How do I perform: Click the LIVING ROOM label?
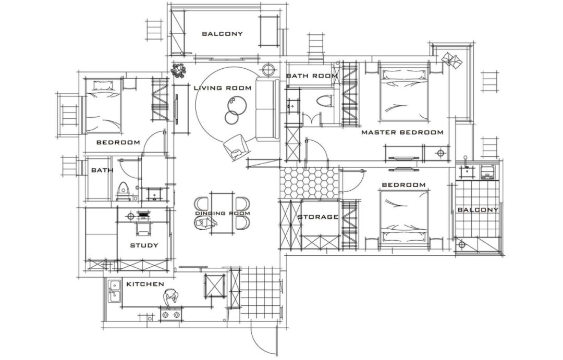pos(223,88)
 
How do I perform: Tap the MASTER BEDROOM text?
pos(402,132)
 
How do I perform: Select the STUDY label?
pos(144,245)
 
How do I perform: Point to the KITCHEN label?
pos(145,284)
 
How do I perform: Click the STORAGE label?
pos(318,217)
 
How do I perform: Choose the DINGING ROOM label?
pos(223,213)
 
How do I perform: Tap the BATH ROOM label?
pos(312,76)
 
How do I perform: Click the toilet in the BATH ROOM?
pos(325,101)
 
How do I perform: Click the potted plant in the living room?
pos(179,68)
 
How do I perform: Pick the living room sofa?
pos(268,110)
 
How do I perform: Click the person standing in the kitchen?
pos(170,298)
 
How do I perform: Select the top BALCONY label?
pos(223,34)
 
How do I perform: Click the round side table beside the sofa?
pos(268,69)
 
